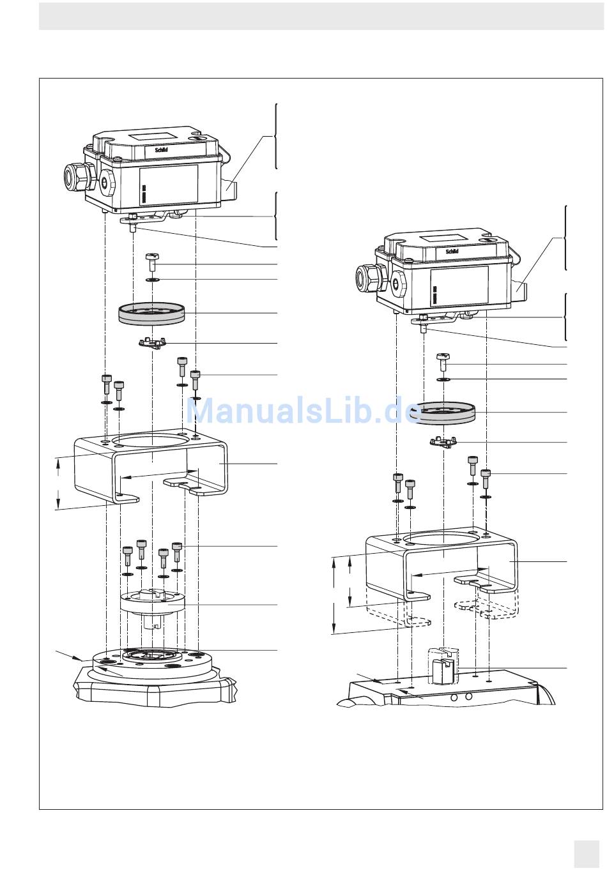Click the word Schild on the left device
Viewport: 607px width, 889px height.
[161, 150]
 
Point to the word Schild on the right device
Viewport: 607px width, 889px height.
[452, 251]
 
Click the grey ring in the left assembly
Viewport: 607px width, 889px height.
[151, 313]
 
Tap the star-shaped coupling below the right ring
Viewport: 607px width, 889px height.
[443, 442]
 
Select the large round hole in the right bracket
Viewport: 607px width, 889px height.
[441, 539]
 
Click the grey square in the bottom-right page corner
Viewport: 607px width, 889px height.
[587, 853]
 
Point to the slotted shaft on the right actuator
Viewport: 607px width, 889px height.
[443, 671]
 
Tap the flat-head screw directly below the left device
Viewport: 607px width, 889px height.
[152, 262]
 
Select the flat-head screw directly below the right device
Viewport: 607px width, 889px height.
[443, 361]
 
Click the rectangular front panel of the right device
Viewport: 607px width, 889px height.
[459, 287]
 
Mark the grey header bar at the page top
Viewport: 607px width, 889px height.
[321, 16]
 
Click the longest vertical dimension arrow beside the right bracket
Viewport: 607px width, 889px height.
[334, 595]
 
